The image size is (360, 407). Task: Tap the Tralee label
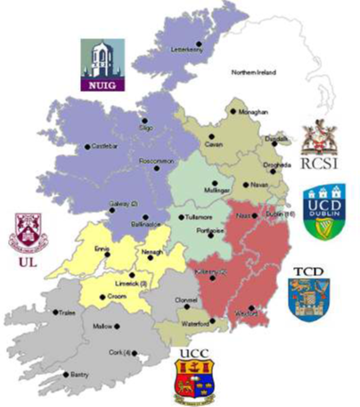pyautogui.click(x=75, y=313)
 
